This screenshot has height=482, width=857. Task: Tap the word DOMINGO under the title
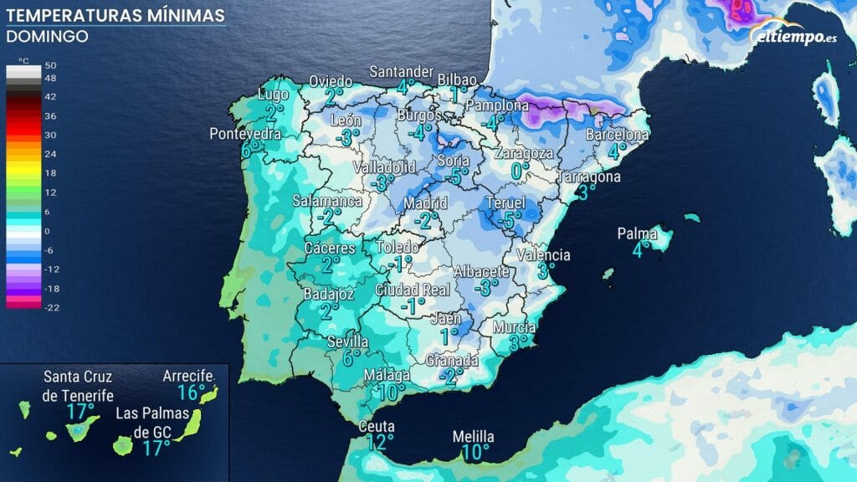pos(47,37)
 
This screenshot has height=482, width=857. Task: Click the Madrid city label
pos(425,203)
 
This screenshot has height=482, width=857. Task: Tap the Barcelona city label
pos(618,134)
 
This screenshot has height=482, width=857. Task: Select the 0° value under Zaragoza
pos(521,170)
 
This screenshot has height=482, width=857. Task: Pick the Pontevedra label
pos(244,134)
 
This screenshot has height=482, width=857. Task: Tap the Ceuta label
pos(377,427)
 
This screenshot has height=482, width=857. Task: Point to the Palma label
pos(637,233)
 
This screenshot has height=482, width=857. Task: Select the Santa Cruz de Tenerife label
pos(79,386)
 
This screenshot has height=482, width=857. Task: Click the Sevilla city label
pos(348,341)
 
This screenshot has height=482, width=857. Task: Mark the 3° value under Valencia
pos(546,270)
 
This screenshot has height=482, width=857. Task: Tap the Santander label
pos(402,71)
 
